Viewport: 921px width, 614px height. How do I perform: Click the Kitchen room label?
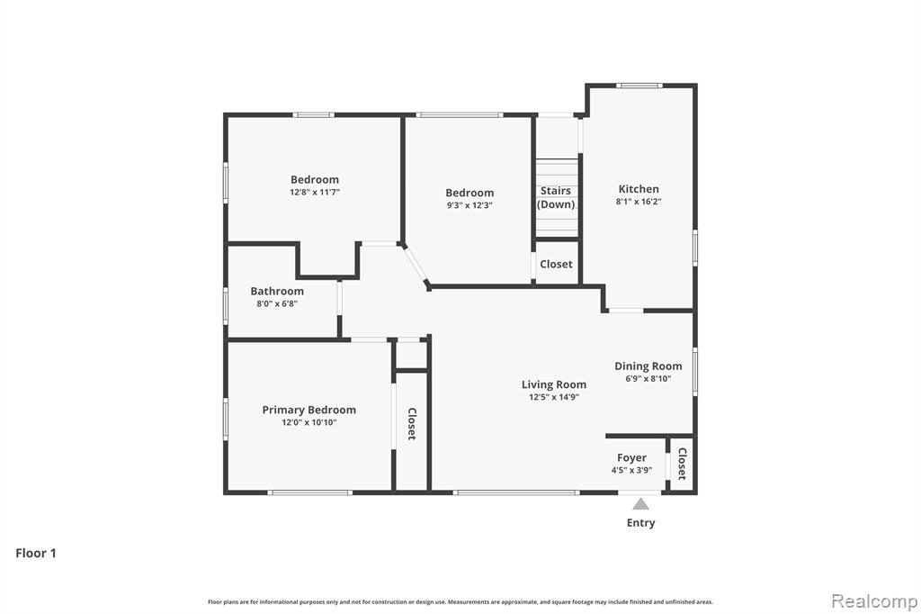[639, 189]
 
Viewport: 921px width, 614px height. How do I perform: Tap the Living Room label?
[554, 384]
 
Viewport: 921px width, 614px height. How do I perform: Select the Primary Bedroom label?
[309, 410]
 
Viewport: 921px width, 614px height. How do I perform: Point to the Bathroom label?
[277, 291]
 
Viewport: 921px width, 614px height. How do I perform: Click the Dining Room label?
[648, 366]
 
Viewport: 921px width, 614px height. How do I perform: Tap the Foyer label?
[631, 457]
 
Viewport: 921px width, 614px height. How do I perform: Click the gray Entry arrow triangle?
[640, 504]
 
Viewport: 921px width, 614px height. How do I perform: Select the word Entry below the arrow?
[640, 523]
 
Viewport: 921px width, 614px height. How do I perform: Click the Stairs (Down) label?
[556, 197]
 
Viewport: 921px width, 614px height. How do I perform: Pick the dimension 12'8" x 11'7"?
[315, 193]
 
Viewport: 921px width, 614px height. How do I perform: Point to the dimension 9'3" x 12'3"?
[469, 205]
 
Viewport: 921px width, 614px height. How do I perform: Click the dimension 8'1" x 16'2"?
[639, 201]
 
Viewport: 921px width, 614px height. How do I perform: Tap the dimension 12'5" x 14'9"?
[554, 397]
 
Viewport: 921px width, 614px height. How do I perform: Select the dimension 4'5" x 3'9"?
[631, 471]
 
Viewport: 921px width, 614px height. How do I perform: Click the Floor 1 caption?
[36, 553]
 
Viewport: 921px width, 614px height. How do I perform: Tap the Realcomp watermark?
[874, 601]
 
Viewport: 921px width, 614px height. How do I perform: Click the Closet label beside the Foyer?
[682, 464]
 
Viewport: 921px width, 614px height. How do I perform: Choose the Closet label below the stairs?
[556, 264]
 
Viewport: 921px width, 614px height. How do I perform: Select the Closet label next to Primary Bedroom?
[412, 423]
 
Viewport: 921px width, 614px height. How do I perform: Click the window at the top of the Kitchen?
[639, 86]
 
